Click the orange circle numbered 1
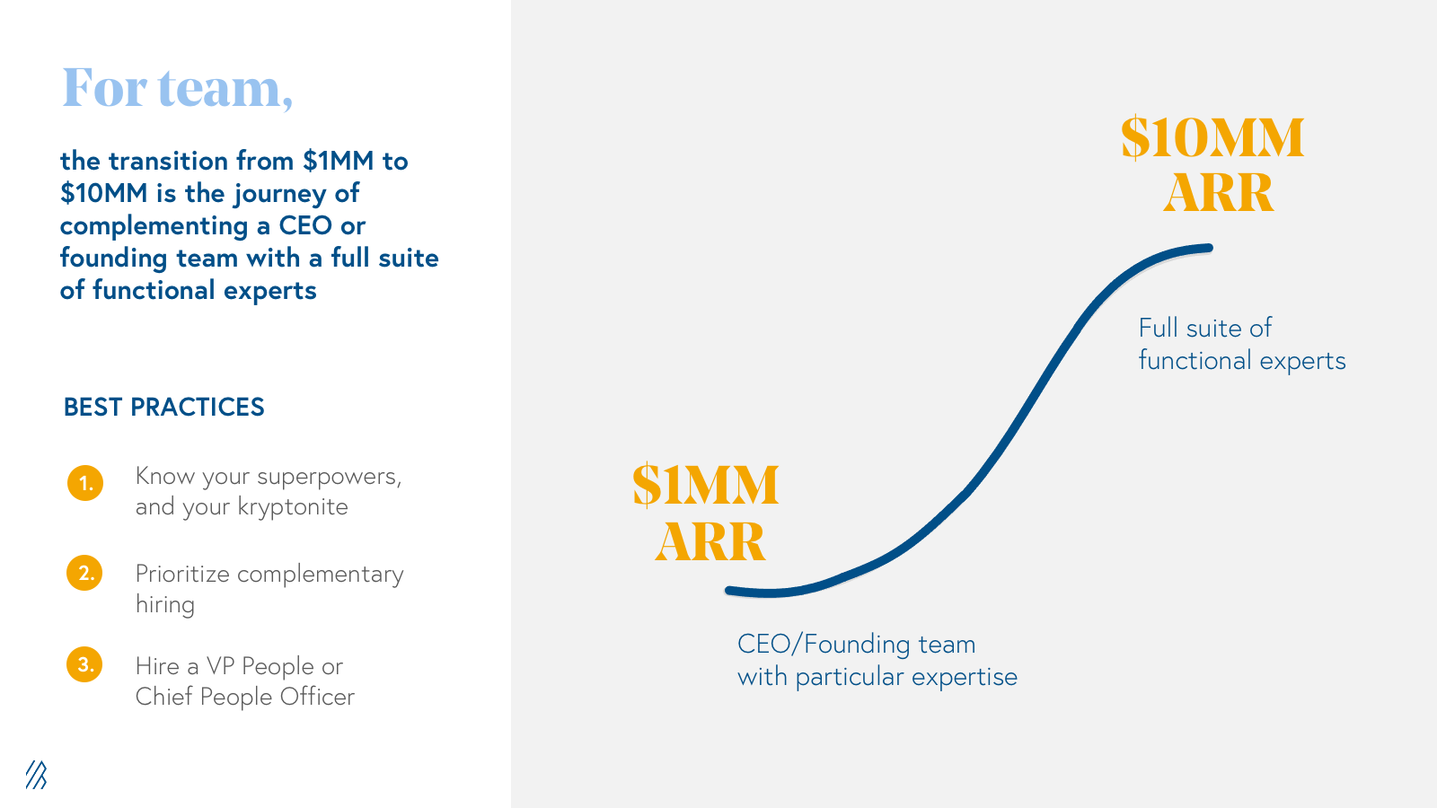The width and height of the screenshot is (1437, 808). [85, 483]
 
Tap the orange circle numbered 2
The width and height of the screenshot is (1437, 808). [84, 573]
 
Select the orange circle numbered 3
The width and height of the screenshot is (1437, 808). [84, 664]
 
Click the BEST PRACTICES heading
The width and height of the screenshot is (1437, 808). [163, 408]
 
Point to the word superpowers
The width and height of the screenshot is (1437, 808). [329, 478]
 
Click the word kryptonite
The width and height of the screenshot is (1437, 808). [293, 507]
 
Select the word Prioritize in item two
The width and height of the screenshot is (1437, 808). [182, 575]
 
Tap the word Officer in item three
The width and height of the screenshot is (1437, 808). [317, 697]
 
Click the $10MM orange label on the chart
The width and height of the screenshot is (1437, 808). [1212, 137]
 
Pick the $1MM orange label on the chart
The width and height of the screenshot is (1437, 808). [706, 485]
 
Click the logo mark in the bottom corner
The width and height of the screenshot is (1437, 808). [36, 775]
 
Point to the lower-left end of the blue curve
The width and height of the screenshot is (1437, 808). [728, 591]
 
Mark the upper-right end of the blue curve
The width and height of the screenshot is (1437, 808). [1209, 248]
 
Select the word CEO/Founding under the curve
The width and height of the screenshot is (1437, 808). [824, 645]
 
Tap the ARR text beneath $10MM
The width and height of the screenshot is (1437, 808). [1218, 193]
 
